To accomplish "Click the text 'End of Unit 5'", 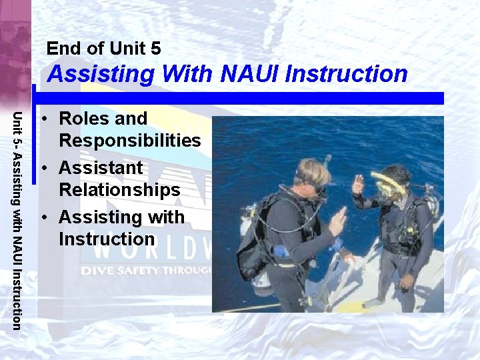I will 103,48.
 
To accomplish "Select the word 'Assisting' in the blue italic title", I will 100,73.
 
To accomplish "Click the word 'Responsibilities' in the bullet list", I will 130,141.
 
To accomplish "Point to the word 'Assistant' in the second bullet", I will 101,168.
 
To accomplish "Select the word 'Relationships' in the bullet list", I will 119,190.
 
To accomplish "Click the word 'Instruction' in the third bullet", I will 107,239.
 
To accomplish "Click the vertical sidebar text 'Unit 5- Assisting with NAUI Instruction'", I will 18,220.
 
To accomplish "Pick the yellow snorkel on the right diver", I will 387,183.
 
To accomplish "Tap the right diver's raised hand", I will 359,183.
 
